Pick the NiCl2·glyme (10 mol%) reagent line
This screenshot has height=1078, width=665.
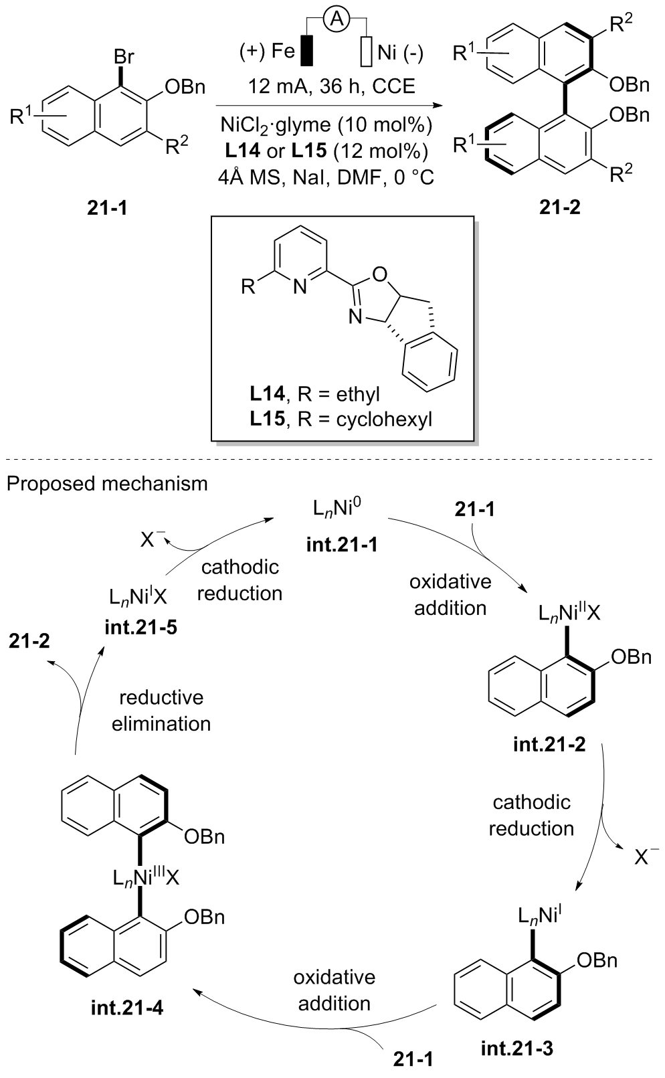332,126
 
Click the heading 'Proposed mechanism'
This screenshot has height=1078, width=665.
107,483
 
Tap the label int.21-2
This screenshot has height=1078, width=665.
549,744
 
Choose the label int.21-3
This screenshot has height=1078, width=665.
517,1048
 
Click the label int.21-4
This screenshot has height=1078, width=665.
126,1006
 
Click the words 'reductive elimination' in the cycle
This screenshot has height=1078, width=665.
161,711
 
